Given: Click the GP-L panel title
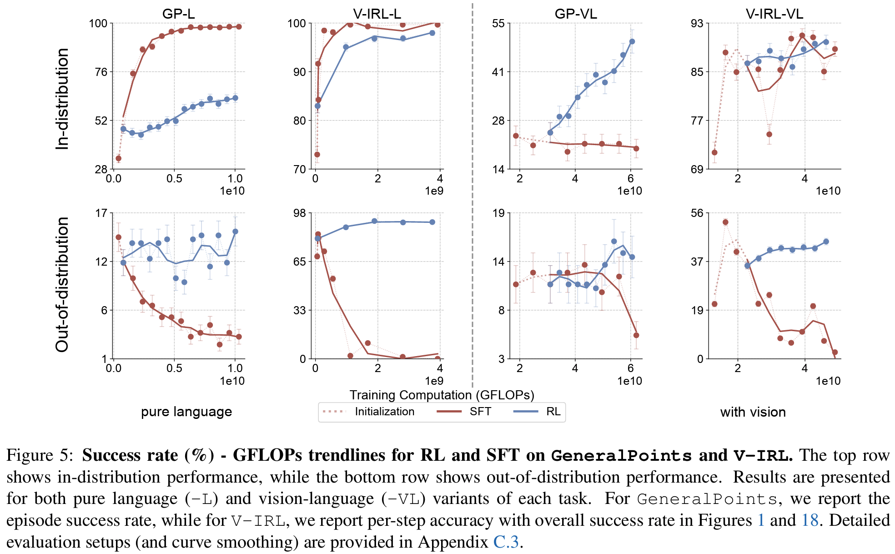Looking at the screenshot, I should [x=178, y=14].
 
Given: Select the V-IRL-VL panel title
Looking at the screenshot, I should [x=774, y=14].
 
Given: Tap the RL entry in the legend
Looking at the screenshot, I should [x=553, y=412].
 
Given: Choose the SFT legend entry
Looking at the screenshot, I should [x=480, y=412].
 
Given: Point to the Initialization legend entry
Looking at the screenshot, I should [x=384, y=412].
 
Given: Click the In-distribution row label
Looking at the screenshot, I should [x=62, y=99].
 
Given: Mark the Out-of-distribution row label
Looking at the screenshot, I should [x=62, y=284].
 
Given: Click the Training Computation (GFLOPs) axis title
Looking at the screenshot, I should [x=442, y=395].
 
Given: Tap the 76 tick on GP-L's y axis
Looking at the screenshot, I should [x=101, y=72].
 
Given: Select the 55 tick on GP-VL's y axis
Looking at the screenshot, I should [x=498, y=23].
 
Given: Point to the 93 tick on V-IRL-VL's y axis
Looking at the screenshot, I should [x=697, y=23].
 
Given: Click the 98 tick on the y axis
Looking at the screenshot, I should [x=299, y=213].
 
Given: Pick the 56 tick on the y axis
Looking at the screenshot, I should [x=697, y=213].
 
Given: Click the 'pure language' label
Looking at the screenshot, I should [x=186, y=412].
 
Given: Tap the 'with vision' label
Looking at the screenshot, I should [x=753, y=412].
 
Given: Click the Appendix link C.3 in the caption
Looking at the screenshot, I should [x=506, y=542].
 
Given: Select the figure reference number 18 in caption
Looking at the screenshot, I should [x=810, y=520].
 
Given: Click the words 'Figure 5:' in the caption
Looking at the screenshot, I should [x=39, y=455].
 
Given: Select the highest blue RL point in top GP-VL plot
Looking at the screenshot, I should [x=632, y=41].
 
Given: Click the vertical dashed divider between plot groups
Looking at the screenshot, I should [x=473, y=191].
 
